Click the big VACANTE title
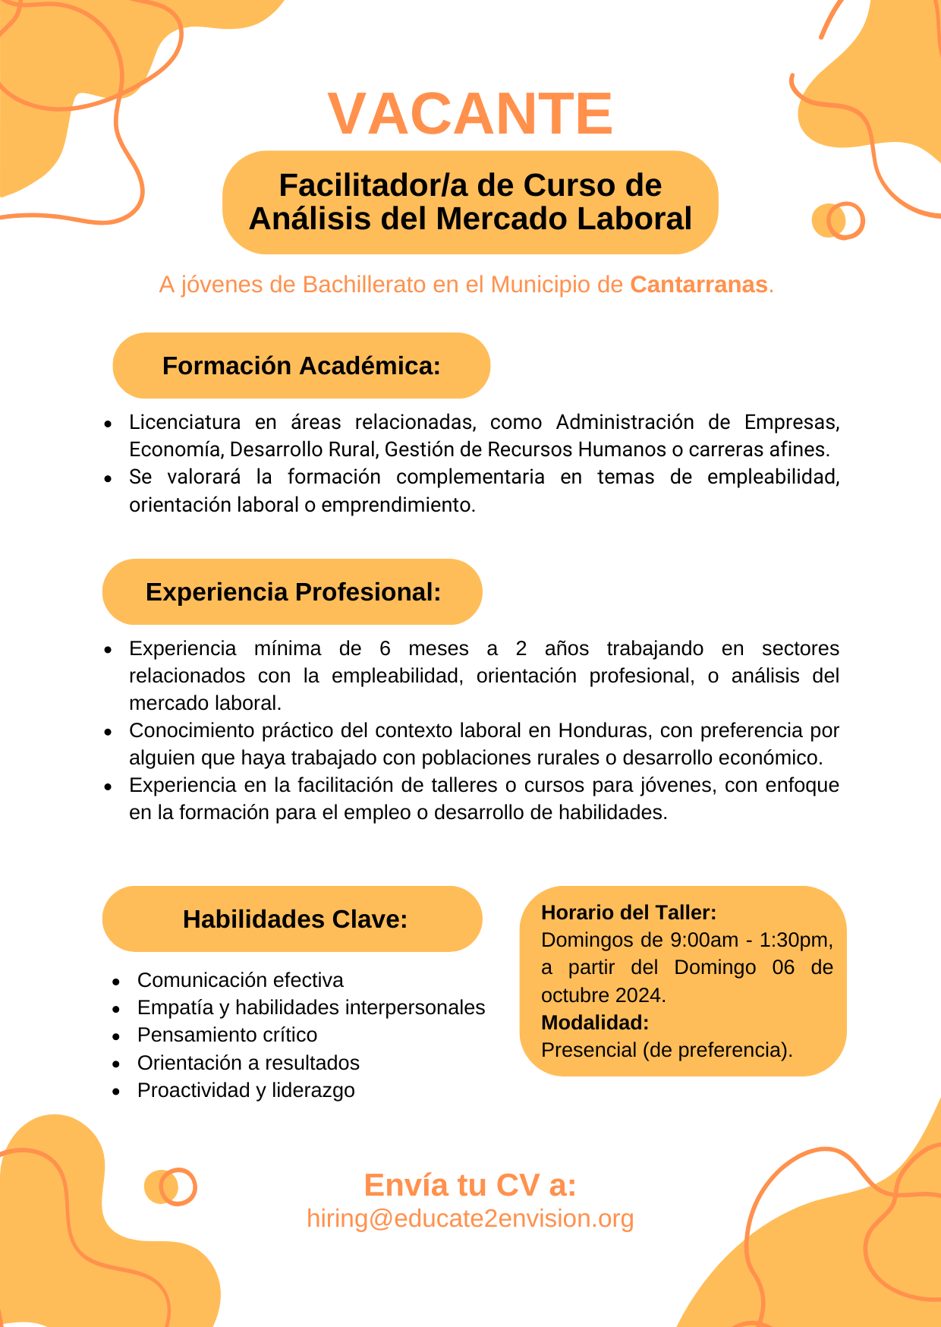point(470,114)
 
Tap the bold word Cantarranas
point(699,285)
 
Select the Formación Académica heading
point(301,366)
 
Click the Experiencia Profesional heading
point(293,592)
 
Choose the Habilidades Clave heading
point(295,919)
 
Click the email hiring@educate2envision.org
point(470,1218)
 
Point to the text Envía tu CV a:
point(470,1185)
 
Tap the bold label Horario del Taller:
point(628,913)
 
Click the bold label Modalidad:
point(595,1023)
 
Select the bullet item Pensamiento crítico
point(227,1035)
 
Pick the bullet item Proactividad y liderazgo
point(246,1090)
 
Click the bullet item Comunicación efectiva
point(240,980)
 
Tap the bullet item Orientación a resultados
point(248,1063)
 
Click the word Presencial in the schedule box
point(589,1050)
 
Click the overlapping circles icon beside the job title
point(838,221)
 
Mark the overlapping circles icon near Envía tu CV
point(170,1187)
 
